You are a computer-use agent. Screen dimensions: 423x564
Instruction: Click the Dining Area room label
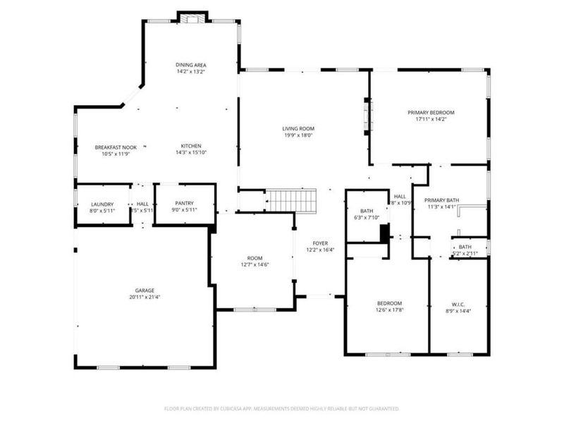click(191, 65)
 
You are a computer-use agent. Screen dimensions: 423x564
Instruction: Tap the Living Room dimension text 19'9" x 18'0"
click(298, 136)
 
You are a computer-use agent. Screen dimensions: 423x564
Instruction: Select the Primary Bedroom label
click(431, 112)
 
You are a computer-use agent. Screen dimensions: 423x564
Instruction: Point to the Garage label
click(145, 290)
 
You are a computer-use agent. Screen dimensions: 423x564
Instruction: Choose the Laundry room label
click(102, 204)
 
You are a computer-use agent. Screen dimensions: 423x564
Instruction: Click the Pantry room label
click(184, 204)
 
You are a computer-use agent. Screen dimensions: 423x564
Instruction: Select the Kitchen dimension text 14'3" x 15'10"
click(191, 153)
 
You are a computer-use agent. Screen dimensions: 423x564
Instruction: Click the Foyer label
click(320, 243)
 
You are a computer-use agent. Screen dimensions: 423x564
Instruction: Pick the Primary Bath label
click(442, 200)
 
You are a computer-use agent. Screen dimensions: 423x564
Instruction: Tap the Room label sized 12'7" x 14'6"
click(255, 258)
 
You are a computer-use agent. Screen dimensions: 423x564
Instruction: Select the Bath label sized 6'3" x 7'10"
click(367, 211)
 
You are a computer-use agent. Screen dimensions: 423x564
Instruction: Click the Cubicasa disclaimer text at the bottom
click(282, 408)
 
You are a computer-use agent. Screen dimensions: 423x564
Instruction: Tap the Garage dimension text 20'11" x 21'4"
click(145, 298)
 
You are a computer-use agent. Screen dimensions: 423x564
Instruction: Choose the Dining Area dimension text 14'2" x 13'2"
click(191, 72)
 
